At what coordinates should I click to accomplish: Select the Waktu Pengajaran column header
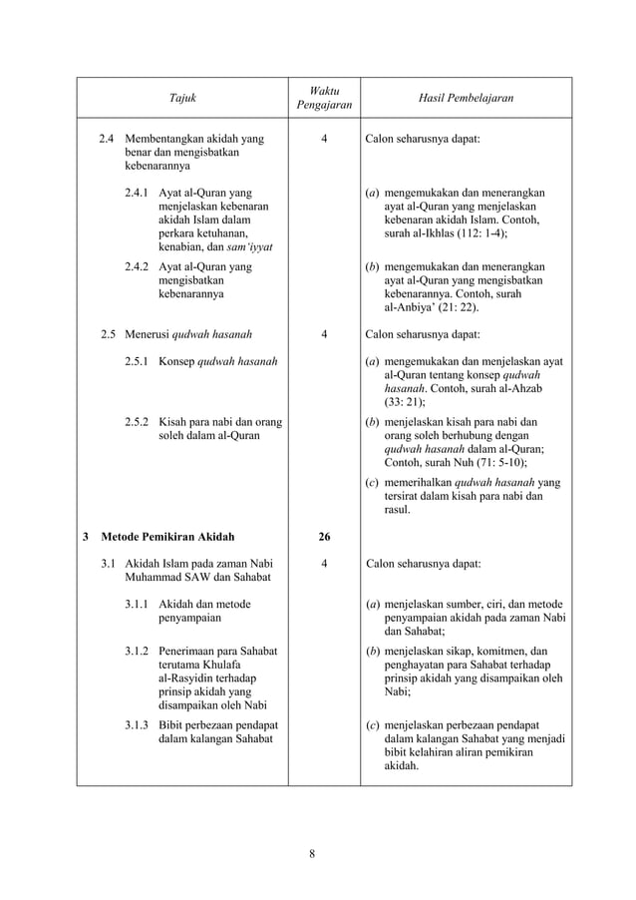tap(324, 97)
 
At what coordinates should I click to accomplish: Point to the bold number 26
tap(324, 537)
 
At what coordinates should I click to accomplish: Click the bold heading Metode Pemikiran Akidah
tap(164, 537)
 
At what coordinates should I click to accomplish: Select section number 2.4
tap(109, 140)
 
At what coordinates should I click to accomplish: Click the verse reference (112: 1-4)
tap(475, 232)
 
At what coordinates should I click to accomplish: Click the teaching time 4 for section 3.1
tap(324, 563)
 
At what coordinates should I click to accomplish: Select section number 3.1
tap(109, 563)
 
